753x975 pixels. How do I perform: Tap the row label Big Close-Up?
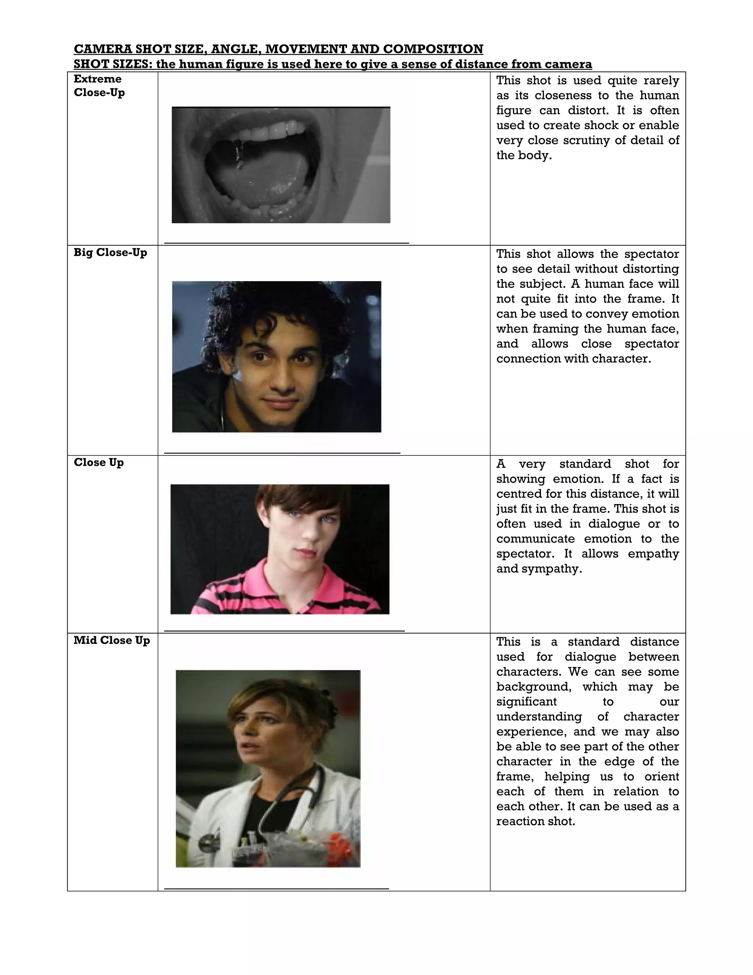coord(110,253)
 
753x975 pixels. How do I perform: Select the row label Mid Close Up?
coord(111,640)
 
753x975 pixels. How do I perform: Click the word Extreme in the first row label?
coord(97,79)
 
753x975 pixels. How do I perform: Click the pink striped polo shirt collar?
coord(308,580)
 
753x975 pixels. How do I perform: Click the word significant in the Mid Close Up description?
coord(527,702)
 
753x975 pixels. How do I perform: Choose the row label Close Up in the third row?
coord(99,462)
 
